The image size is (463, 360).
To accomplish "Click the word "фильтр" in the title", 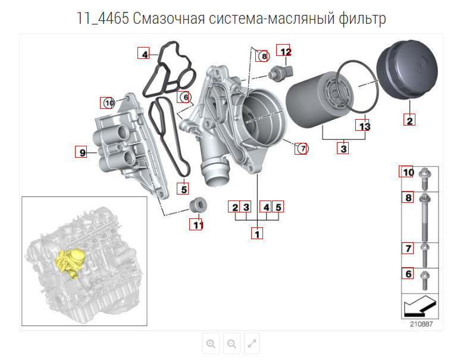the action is click(362, 18).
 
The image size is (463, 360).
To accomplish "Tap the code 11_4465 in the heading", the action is click(103, 18).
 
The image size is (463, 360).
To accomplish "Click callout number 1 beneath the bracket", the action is click(257, 234).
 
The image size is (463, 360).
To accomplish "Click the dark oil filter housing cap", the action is click(407, 70).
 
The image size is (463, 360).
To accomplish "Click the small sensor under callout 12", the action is click(280, 73).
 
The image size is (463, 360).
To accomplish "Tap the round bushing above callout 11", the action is click(198, 204).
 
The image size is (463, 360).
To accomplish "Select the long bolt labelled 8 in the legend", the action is click(425, 217).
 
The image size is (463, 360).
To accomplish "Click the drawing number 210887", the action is click(421, 324).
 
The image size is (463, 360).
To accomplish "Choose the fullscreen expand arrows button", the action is click(252, 343).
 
